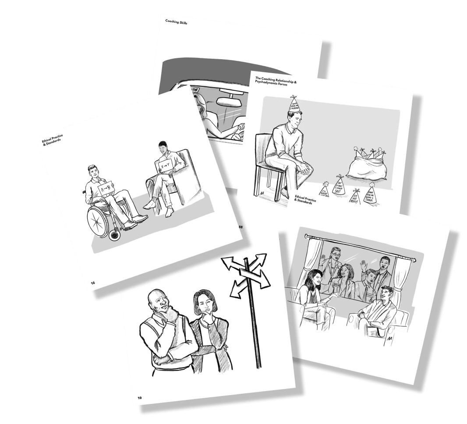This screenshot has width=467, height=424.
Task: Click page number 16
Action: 92,283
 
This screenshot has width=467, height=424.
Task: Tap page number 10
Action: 140,398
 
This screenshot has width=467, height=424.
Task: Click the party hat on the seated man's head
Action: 294,104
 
